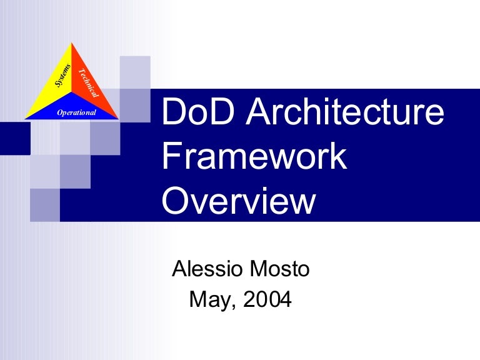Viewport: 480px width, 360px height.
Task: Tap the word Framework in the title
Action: coord(254,157)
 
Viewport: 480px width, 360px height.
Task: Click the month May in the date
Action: coord(209,301)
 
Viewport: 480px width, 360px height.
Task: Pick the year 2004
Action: coord(267,300)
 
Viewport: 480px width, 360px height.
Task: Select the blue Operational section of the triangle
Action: coord(72,111)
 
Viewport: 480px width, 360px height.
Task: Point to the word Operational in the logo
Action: coord(76,112)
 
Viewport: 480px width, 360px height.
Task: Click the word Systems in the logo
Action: coord(62,76)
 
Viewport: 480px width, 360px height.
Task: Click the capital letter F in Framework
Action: coord(169,157)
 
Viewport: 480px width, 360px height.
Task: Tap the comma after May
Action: coord(234,307)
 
